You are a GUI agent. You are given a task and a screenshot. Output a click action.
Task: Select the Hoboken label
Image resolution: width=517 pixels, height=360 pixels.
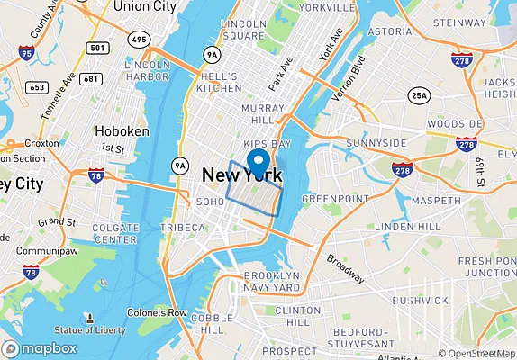(x=122, y=131)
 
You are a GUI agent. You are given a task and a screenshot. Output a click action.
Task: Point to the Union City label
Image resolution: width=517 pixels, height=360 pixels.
(x=143, y=6)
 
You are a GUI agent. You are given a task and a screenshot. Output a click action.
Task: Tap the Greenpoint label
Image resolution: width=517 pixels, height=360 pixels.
(x=330, y=198)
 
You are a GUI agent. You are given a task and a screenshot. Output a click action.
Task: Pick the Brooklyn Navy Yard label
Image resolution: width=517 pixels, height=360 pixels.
(x=272, y=282)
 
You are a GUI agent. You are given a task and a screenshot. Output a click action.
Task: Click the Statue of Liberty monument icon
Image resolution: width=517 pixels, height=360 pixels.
(x=88, y=319)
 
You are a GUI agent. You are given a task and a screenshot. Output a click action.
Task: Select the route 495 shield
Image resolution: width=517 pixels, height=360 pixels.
(x=139, y=40)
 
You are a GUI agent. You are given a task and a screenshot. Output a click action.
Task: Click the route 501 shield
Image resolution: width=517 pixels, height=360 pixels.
(x=99, y=48)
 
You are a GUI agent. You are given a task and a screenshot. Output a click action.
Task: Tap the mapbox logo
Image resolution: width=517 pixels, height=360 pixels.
(x=40, y=349)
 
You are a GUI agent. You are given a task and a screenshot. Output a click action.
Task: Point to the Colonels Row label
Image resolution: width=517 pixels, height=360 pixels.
(x=157, y=313)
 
